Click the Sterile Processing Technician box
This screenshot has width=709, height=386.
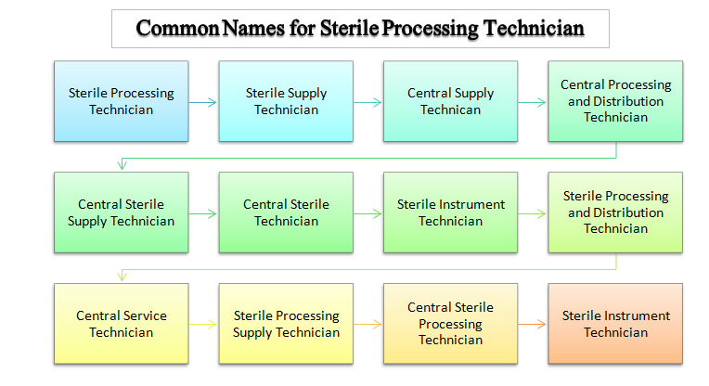[x=122, y=101]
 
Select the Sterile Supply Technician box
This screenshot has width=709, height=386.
[x=286, y=101]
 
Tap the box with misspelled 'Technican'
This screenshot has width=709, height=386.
[x=450, y=101]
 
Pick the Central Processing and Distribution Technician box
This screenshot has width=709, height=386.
[x=615, y=101]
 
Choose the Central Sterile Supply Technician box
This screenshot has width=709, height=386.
[x=122, y=212]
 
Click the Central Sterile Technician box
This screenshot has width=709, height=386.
[x=286, y=212]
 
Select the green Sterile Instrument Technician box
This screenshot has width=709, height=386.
[x=450, y=212]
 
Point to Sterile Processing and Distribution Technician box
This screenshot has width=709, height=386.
[x=615, y=212]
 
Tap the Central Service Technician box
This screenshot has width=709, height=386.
[x=122, y=324]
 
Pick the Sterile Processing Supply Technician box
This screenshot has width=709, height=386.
[x=286, y=324]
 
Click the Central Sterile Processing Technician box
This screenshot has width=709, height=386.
[x=450, y=324]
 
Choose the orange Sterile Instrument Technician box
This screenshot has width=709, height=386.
[x=615, y=324]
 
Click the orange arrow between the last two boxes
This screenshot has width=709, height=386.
[x=532, y=324]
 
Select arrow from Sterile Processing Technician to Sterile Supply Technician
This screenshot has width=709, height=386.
[x=202, y=103]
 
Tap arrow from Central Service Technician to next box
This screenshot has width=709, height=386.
[x=202, y=324]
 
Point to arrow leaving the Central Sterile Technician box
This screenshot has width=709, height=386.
[x=367, y=213]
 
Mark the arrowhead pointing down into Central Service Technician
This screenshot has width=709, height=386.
[x=122, y=277]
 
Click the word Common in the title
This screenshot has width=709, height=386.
[x=177, y=28]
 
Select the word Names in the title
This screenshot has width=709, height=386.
[x=253, y=28]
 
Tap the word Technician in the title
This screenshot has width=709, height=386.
[x=534, y=28]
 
